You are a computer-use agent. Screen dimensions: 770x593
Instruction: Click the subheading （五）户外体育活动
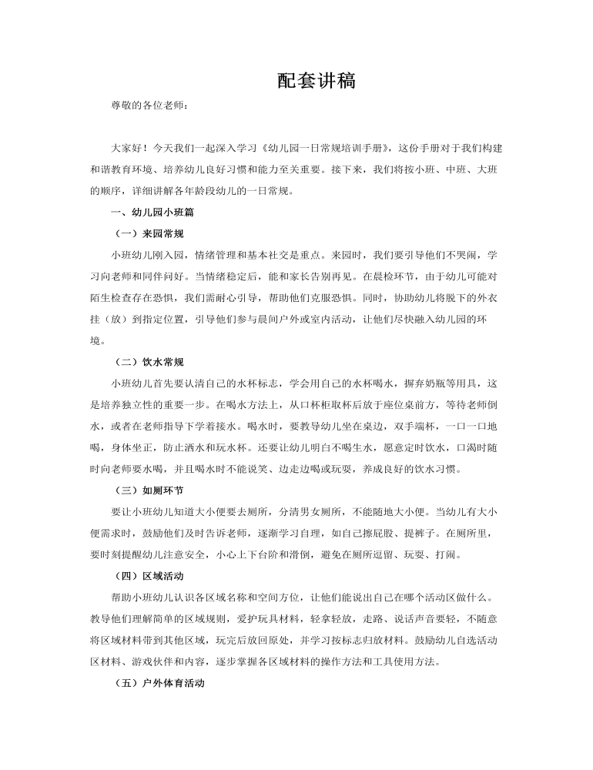coord(158,682)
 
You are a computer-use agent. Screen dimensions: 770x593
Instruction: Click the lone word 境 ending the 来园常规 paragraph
coord(95,340)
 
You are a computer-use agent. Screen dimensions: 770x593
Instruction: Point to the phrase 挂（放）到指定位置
coord(136,318)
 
